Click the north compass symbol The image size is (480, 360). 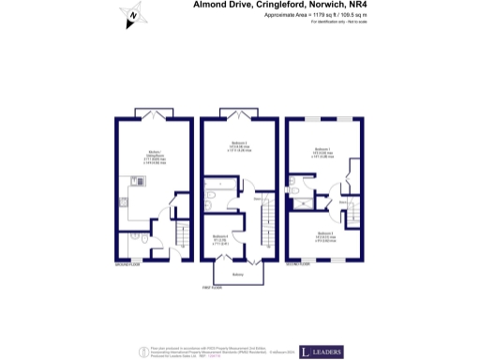[x=132, y=16]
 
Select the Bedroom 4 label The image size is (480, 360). [x=220, y=237]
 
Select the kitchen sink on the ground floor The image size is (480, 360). [x=124, y=200]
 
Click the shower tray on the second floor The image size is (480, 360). [x=296, y=192]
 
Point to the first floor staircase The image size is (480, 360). [x=267, y=230]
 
